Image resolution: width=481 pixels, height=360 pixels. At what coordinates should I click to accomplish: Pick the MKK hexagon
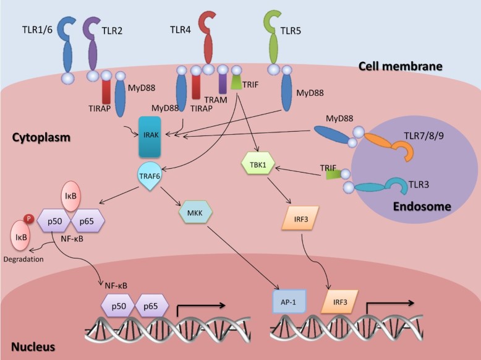[195, 213]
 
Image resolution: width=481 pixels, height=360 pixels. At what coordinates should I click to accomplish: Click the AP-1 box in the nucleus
[289, 301]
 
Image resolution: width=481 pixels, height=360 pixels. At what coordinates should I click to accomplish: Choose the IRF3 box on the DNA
[339, 301]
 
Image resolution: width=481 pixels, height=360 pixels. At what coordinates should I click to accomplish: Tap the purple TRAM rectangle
[223, 84]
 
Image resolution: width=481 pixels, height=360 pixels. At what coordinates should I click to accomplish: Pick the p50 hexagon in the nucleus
[117, 305]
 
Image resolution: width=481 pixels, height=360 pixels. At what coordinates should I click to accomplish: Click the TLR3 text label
[422, 184]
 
